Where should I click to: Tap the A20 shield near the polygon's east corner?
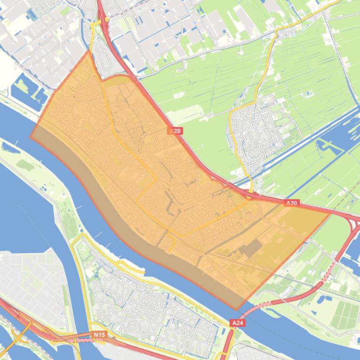click(292, 203)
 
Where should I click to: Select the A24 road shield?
click(237, 323)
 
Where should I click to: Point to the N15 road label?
click(99, 335)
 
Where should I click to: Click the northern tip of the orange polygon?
click(88, 51)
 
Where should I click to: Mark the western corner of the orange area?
click(31, 137)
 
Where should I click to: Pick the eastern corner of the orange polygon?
click(331, 211)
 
